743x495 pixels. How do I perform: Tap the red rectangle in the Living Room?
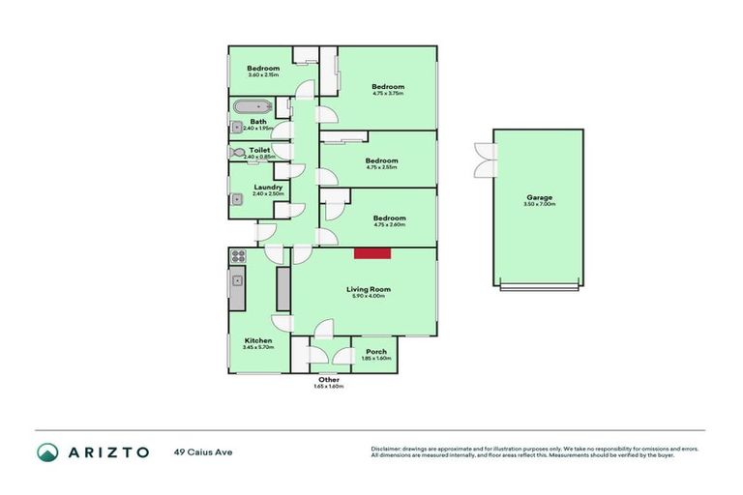[371, 253]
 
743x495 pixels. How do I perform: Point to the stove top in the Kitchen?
[238, 257]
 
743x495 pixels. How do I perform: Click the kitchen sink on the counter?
[237, 281]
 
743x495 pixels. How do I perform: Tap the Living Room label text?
[368, 289]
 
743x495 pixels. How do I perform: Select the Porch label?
[375, 352]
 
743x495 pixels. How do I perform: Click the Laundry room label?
[268, 188]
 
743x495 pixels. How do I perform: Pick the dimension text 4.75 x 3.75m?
[388, 94]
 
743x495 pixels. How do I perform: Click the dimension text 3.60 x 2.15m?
[263, 75]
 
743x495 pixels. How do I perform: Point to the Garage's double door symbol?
[483, 160]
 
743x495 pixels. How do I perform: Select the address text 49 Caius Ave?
[203, 451]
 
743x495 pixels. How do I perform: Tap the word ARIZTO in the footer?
[107, 452]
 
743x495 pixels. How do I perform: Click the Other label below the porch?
[329, 380]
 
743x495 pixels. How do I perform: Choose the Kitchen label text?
[258, 340]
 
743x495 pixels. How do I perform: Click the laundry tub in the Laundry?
[237, 200]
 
